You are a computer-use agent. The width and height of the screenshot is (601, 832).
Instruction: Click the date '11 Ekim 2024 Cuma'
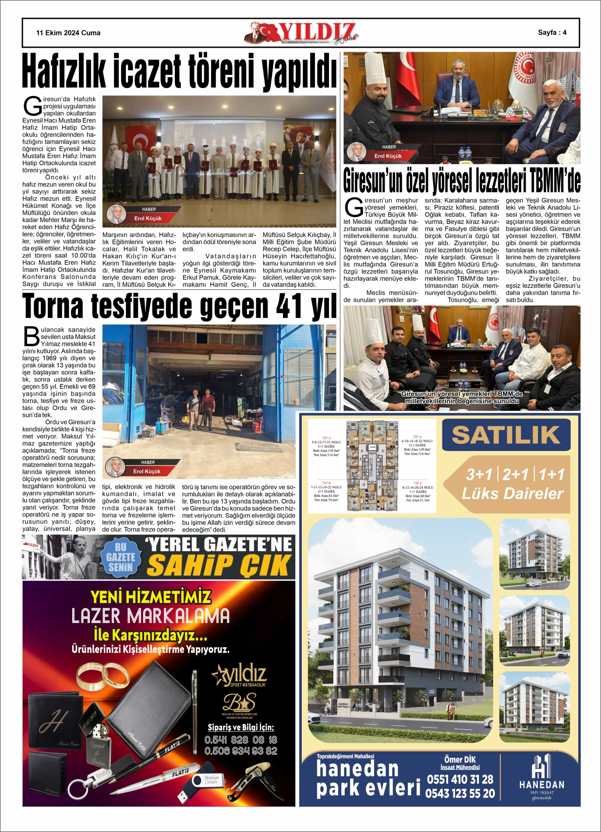68,33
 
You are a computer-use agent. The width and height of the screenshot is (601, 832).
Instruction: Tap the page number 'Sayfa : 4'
552,32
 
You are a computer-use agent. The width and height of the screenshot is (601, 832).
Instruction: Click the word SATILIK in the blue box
506,435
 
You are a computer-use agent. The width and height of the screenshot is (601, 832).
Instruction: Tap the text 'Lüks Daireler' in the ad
512,494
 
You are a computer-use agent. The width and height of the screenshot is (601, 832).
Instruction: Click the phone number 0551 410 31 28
460,779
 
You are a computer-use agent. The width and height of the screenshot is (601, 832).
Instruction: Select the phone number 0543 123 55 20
460,793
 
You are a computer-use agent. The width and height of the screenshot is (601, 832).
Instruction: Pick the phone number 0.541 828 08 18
240,740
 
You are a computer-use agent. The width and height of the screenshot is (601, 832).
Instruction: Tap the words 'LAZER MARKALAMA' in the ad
150,616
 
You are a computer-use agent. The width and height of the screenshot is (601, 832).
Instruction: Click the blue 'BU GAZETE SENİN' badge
120,557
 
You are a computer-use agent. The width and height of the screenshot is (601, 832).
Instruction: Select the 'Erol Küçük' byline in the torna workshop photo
147,471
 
